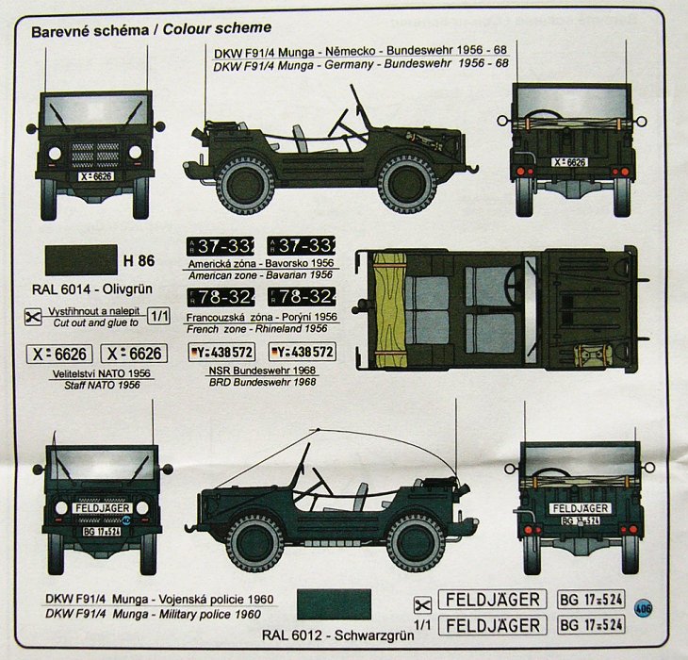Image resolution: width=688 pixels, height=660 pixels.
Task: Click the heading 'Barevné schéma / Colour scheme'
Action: point(151,29)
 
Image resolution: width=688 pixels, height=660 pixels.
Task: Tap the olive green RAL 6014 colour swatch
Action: point(79,259)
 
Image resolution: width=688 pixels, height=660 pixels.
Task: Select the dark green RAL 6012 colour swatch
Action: point(334,603)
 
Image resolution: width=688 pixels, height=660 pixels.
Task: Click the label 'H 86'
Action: point(138,260)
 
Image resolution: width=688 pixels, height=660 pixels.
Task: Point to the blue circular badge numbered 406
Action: point(645,608)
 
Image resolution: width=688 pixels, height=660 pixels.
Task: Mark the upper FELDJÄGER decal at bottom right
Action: point(492,600)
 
